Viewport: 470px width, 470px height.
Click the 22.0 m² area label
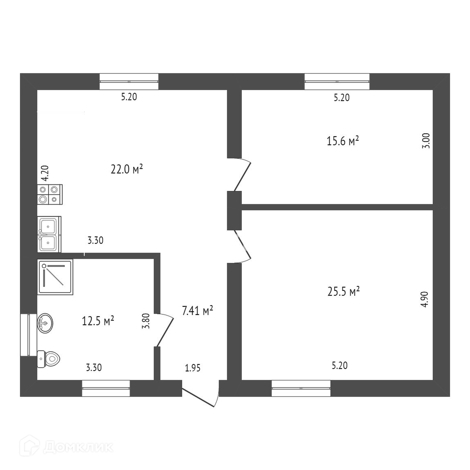126,169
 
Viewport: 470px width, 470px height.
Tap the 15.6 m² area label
343,141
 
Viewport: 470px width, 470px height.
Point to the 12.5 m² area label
98,321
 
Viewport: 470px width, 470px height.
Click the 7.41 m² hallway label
197,311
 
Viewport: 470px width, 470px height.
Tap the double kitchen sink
49,234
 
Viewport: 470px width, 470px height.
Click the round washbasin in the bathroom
45,324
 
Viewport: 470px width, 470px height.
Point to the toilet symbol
49,359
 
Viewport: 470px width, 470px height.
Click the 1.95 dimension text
193,368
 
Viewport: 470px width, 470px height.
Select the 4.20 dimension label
45,173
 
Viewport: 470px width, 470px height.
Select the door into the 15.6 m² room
242,174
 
